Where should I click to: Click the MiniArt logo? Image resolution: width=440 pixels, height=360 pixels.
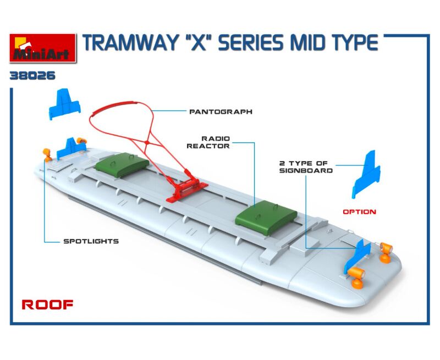43,48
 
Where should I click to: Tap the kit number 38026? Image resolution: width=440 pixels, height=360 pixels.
32,76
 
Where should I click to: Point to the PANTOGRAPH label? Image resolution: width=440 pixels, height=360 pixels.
221,112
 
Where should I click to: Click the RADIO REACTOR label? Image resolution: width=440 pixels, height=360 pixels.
208,142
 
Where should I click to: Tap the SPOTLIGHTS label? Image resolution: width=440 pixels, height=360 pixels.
91,241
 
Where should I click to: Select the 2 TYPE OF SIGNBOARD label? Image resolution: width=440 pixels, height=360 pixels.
306,167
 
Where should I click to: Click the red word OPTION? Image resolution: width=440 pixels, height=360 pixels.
360,212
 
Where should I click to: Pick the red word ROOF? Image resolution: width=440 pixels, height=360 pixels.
47,304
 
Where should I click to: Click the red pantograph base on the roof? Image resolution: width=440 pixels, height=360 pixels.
187,191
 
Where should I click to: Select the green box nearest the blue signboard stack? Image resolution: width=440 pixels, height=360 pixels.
122,165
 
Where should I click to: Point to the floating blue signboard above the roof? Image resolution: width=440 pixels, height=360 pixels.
65,104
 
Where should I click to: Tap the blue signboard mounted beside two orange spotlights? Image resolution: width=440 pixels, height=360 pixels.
357,256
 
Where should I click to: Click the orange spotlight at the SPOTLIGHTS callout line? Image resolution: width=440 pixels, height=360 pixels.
47,155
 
